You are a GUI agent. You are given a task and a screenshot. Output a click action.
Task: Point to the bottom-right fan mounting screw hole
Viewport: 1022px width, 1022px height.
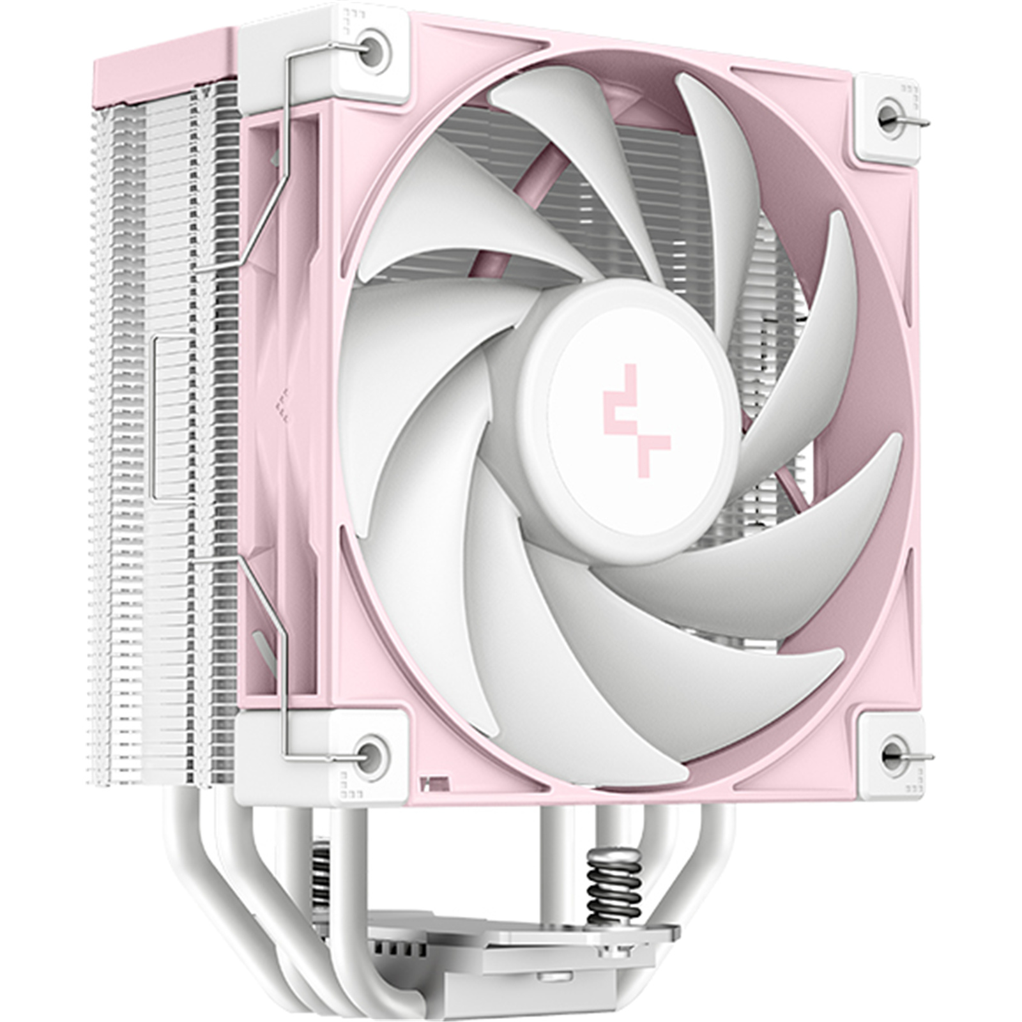[892, 756]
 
